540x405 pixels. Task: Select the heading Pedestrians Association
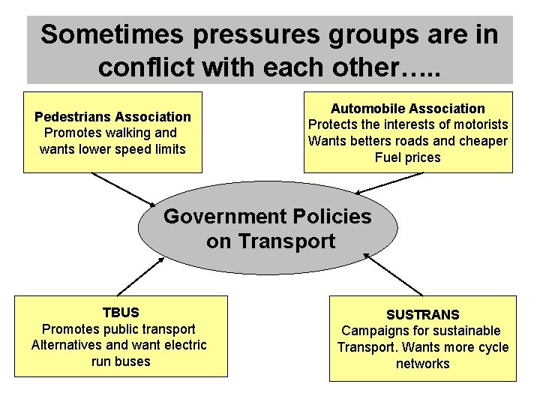point(112,116)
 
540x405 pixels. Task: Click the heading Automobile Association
point(408,108)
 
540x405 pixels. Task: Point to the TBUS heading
point(121,312)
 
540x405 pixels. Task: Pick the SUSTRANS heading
point(422,314)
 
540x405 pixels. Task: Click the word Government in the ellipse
point(220,217)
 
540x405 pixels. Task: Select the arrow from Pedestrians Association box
point(121,189)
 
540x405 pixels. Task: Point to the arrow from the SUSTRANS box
point(394,274)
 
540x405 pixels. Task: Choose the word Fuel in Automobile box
point(388,157)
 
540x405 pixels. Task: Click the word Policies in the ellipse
point(334,217)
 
